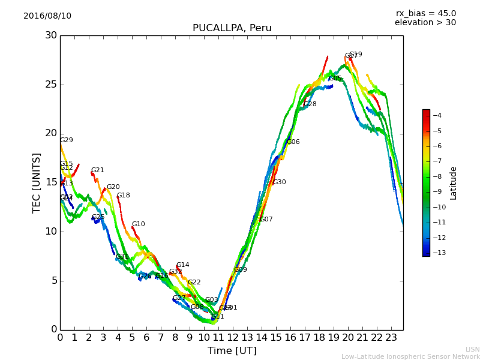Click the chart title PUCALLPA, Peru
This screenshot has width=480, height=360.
pos(232,28)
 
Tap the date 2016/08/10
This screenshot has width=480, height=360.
pos(47,16)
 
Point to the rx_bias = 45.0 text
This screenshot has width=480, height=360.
pos(425,14)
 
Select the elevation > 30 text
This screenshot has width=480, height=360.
pos(425,23)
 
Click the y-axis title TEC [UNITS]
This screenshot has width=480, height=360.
pos(37,182)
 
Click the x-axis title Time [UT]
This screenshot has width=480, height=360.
pos(232,350)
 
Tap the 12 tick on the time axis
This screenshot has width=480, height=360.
pos(233,338)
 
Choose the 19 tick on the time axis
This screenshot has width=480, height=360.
pos(334,338)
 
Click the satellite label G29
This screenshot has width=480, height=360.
pos(66,140)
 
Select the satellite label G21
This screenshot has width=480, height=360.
pos(97,170)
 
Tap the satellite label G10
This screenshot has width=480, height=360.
pos(138,224)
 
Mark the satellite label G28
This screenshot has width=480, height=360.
pos(310,104)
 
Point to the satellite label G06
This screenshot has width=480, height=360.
pos(293,142)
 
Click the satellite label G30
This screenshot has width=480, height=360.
pos(279,182)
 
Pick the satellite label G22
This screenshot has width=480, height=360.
pos(194,283)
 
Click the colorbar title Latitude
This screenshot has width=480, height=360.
pos(454,183)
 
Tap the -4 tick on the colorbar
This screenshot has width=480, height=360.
pos(437,115)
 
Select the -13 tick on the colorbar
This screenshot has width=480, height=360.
pos(437,253)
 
